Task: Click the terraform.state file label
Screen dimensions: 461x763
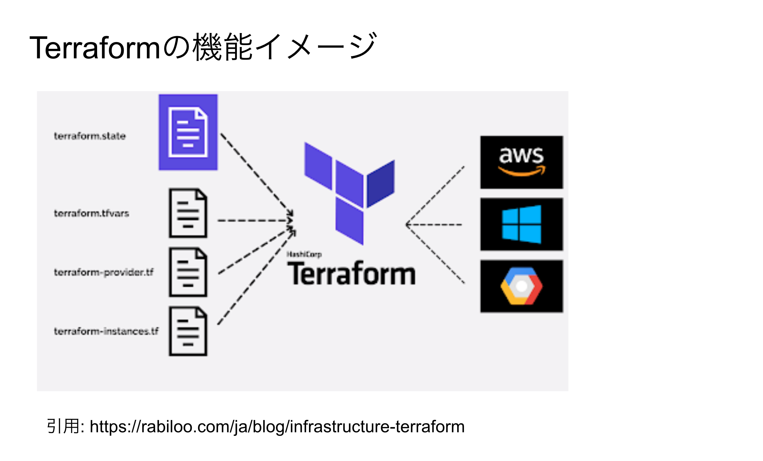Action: pyautogui.click(x=90, y=136)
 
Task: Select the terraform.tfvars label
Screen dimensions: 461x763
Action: pyautogui.click(x=91, y=213)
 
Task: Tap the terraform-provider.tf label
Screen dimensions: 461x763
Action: pyautogui.click(x=104, y=272)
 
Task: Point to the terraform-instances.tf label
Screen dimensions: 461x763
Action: pyautogui.click(x=106, y=331)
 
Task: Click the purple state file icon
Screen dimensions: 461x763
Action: pyautogui.click(x=188, y=132)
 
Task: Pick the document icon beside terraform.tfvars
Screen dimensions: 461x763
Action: pyautogui.click(x=188, y=213)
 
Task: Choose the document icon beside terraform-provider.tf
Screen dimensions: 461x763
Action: pyautogui.click(x=188, y=272)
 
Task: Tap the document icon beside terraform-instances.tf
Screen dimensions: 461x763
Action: pyautogui.click(x=188, y=331)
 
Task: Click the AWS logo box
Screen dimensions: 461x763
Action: pyautogui.click(x=521, y=162)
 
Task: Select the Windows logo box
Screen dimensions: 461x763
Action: pyautogui.click(x=521, y=224)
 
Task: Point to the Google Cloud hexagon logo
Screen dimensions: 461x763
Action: pyautogui.click(x=521, y=286)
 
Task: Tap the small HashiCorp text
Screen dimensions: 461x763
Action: pyautogui.click(x=304, y=254)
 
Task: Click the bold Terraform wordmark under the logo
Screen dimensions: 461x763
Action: pyautogui.click(x=351, y=274)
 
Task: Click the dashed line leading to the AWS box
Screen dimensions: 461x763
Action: pyautogui.click(x=435, y=195)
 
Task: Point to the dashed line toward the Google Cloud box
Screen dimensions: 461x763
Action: pyautogui.click(x=435, y=254)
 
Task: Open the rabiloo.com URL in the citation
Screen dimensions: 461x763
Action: pyautogui.click(x=277, y=427)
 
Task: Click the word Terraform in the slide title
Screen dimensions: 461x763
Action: pyautogui.click(x=94, y=48)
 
